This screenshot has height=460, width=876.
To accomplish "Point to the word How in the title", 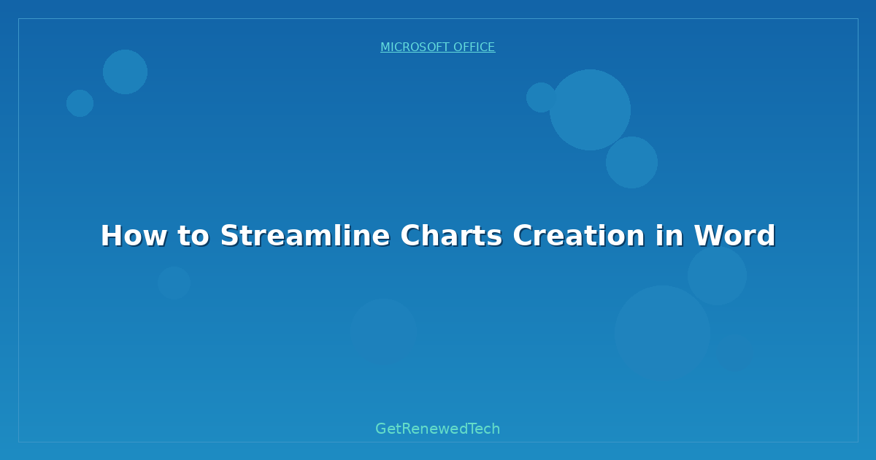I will pyautogui.click(x=128, y=236).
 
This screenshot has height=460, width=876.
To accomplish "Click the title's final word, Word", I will pyautogui.click(x=734, y=236).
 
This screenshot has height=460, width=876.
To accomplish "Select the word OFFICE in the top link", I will pyautogui.click(x=474, y=47).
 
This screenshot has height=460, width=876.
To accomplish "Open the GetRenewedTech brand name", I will pyautogui.click(x=437, y=429).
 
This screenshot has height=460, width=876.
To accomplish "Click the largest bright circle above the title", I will pyautogui.click(x=590, y=110).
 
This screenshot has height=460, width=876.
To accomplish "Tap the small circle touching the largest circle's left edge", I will pyautogui.click(x=541, y=97).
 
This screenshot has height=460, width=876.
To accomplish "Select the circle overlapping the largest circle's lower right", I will pyautogui.click(x=632, y=162).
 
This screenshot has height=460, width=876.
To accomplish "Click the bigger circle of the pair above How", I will pyautogui.click(x=125, y=72).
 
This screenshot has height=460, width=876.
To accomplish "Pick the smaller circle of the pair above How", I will pyautogui.click(x=80, y=103).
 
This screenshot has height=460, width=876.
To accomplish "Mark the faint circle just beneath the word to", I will pyautogui.click(x=174, y=283).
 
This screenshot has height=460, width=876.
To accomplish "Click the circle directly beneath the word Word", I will pyautogui.click(x=717, y=275).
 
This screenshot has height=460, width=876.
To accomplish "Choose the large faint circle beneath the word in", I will pyautogui.click(x=662, y=333).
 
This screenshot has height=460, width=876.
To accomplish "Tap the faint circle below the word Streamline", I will pyautogui.click(x=383, y=332).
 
